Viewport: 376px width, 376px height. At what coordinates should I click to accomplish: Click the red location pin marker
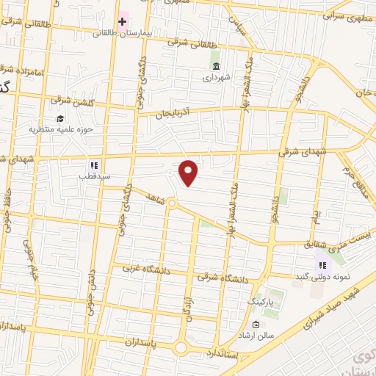pos(189,173)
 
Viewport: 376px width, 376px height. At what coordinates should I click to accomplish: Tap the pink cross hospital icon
pos(122,21)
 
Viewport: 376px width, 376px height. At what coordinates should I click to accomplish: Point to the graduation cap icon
pos(59,118)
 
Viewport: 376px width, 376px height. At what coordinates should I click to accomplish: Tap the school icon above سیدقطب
pos(93,166)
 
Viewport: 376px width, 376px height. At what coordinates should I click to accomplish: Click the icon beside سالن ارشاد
pos(256,325)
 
